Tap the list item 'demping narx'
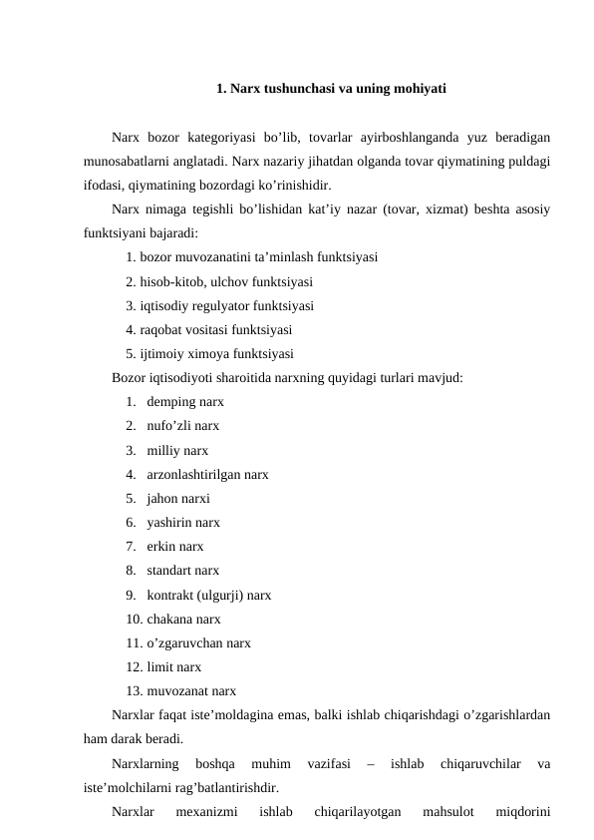pos(184,402)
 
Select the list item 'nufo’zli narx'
pos(182,426)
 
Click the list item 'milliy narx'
pos(177,450)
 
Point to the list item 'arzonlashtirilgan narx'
pos(206,474)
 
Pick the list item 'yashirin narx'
pos(183,523)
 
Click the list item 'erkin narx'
pos(174,547)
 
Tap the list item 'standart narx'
pos(182,571)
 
